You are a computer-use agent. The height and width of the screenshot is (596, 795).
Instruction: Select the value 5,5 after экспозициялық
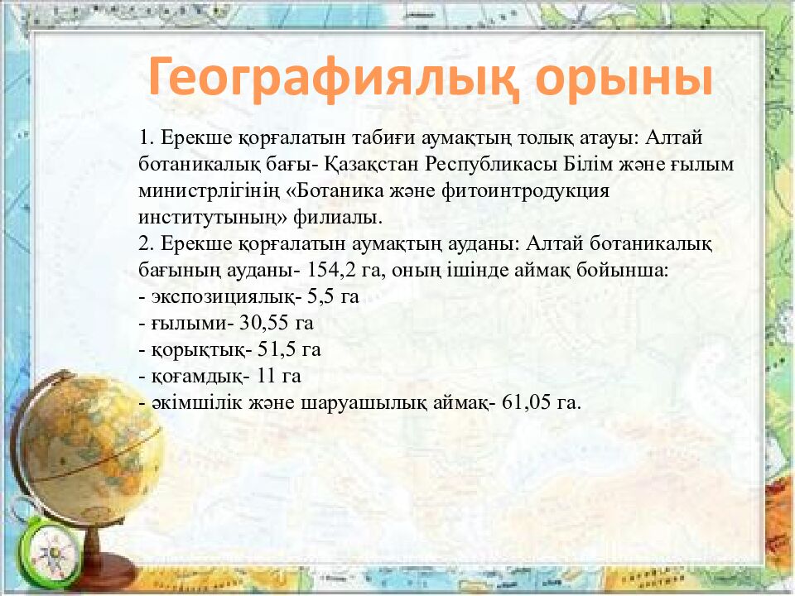point(321,297)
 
